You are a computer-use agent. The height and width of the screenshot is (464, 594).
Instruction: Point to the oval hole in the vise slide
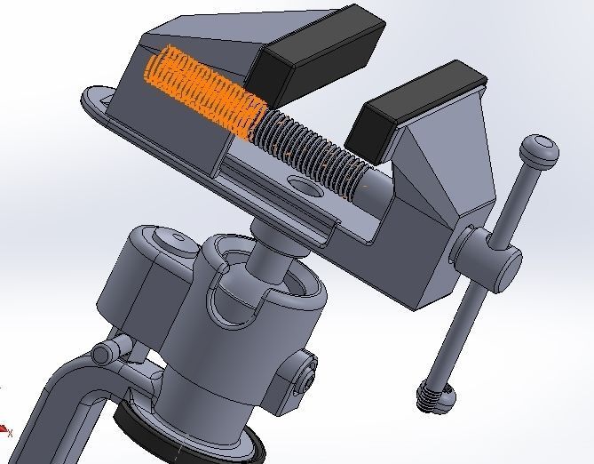pos(305,186)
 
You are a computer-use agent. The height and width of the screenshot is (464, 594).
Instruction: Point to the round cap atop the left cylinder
pos(163,238)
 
